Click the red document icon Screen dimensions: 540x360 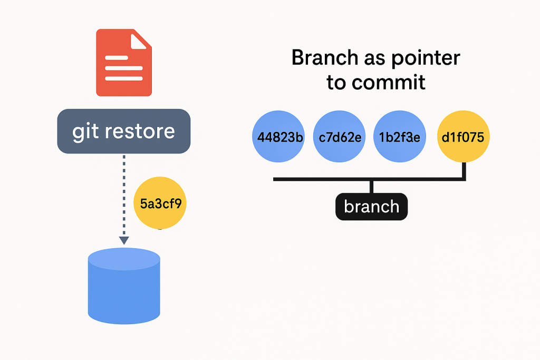123,63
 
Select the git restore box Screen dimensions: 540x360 123,131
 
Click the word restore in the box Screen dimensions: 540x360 140,131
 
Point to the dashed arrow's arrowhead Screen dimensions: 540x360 124,240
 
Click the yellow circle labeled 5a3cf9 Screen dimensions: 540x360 160,203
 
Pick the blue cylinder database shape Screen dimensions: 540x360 124,286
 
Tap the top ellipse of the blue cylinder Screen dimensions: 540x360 124,259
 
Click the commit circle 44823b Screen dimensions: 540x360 278,137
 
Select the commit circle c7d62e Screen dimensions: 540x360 339,137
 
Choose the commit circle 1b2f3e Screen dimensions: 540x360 400,137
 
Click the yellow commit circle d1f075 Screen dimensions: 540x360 463,137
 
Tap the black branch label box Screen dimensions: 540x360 372,207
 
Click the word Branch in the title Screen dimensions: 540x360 325,57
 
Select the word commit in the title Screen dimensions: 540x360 389,83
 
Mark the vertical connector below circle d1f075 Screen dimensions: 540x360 464,170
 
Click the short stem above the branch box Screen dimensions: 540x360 371,187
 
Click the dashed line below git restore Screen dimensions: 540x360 124,196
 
